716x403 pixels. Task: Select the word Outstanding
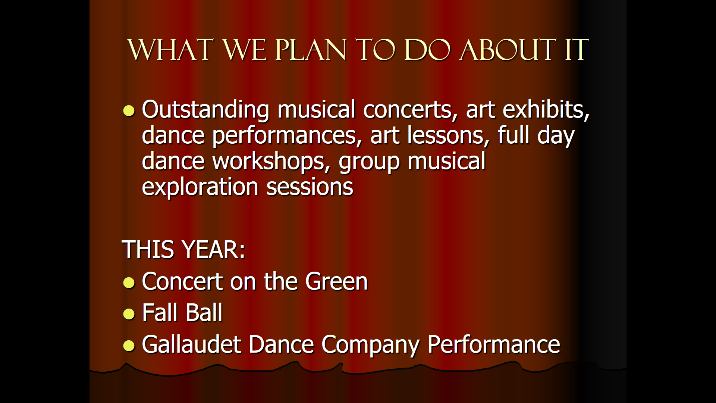click(x=205, y=110)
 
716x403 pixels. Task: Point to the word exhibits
click(x=546, y=110)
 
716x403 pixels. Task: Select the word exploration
click(x=200, y=187)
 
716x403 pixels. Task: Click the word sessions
click(x=310, y=187)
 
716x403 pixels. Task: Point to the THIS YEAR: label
click(x=183, y=249)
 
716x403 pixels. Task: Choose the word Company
click(x=370, y=345)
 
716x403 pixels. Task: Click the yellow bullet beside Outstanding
click(x=129, y=111)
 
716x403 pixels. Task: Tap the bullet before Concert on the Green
click(x=129, y=282)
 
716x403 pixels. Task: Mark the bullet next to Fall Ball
click(x=129, y=314)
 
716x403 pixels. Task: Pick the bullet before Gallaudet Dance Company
click(x=129, y=346)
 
